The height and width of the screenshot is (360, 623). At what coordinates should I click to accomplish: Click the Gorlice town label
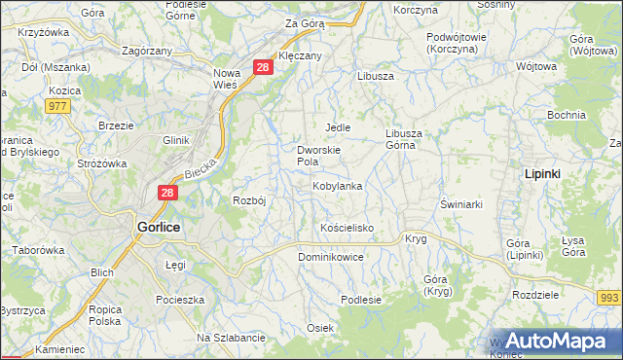tap(159, 225)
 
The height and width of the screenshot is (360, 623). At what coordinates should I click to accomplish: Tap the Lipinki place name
tap(542, 172)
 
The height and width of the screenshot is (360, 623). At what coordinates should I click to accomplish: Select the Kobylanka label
tap(337, 186)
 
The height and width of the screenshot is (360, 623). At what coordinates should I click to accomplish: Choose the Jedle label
tap(337, 127)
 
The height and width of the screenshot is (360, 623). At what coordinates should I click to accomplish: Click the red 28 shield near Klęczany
tap(263, 66)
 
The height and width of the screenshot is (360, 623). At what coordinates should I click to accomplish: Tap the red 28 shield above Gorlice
tap(168, 193)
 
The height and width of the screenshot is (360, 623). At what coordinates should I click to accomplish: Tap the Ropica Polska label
tap(104, 314)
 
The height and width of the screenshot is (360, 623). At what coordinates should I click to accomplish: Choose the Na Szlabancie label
tap(231, 338)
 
